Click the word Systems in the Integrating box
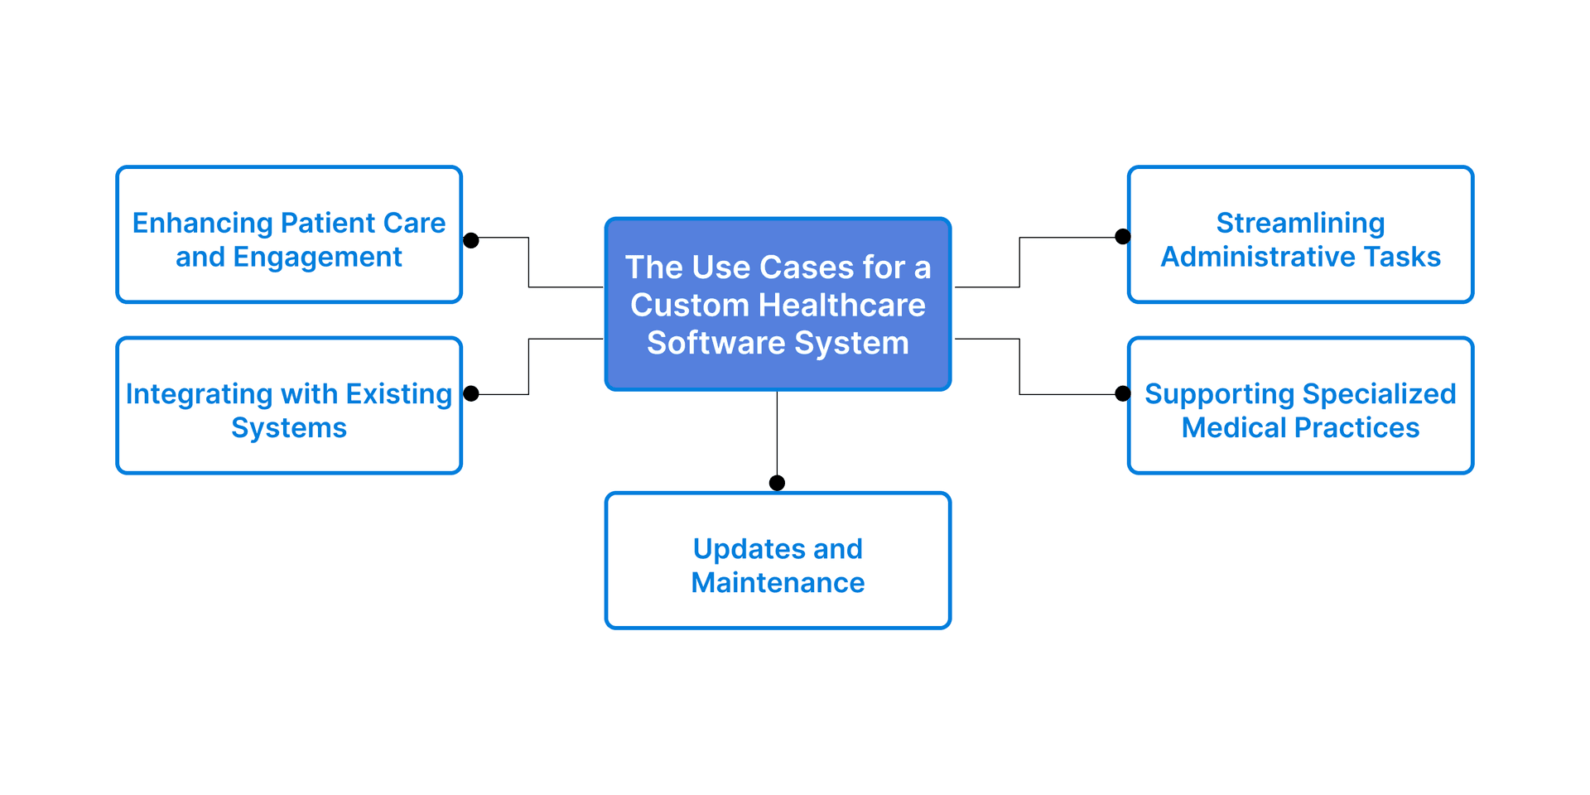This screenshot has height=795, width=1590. click(x=289, y=428)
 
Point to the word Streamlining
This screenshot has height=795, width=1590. click(x=1300, y=224)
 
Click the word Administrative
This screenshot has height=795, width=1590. click(x=1258, y=258)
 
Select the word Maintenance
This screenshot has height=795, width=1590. click(x=778, y=583)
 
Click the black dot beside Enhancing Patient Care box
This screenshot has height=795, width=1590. click(x=471, y=240)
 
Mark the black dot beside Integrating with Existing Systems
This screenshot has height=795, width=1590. click(x=471, y=393)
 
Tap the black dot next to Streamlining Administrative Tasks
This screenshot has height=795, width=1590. click(x=1123, y=237)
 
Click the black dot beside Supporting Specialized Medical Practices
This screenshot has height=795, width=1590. click(x=1123, y=393)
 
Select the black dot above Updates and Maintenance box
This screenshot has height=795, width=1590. click(x=777, y=483)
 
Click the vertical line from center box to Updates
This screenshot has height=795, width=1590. click(x=777, y=435)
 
